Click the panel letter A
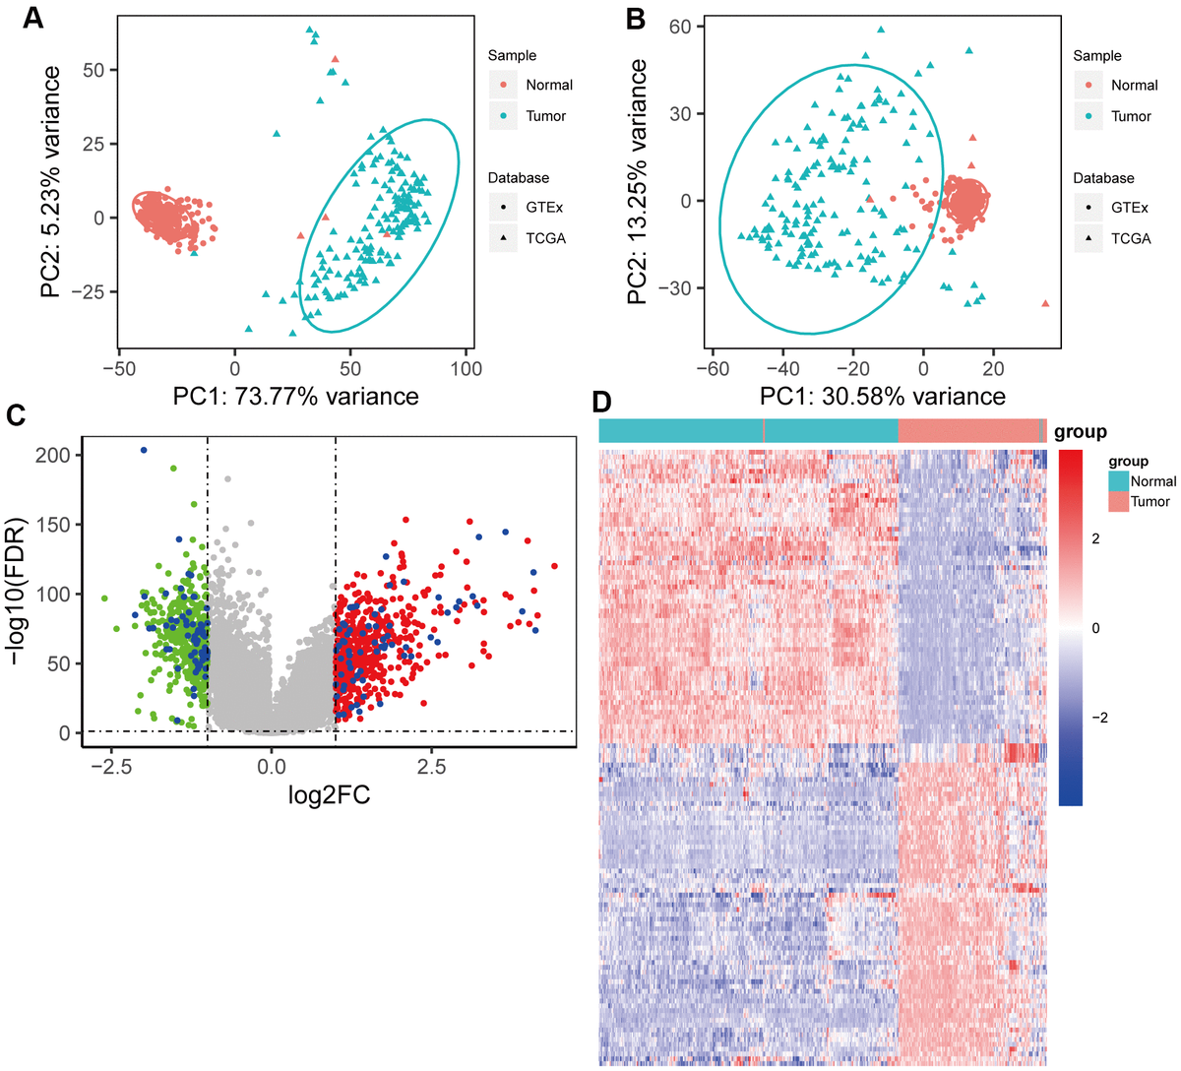[x=33, y=18]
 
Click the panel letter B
[x=636, y=18]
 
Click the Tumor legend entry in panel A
[x=545, y=116]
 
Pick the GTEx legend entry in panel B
[x=1129, y=208]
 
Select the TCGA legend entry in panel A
[x=545, y=238]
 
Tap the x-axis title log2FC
[x=329, y=794]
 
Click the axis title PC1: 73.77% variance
[x=295, y=397]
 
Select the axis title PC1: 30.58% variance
[x=882, y=397]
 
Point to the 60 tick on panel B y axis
[x=680, y=27]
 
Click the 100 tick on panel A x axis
[x=466, y=368]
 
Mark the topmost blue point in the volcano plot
[x=144, y=450]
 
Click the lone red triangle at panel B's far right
[x=1045, y=303]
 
